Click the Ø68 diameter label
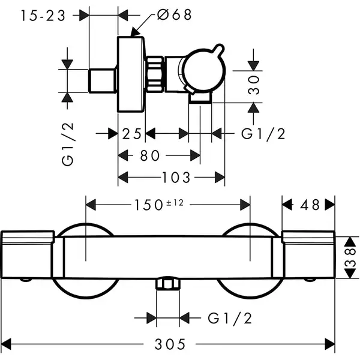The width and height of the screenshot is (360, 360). [x=174, y=14]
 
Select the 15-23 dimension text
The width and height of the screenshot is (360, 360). [x=43, y=16]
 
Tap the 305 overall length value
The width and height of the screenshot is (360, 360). [x=170, y=344]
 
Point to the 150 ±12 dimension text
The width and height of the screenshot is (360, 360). [x=158, y=205]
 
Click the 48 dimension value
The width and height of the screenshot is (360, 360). [x=310, y=205]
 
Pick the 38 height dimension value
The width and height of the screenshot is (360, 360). [x=350, y=257]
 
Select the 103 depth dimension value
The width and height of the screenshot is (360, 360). [x=176, y=178]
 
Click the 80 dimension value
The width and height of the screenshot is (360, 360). [x=149, y=155]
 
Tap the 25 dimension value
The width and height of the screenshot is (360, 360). [x=131, y=134]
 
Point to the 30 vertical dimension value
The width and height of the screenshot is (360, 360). [x=254, y=85]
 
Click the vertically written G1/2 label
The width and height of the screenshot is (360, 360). [x=67, y=144]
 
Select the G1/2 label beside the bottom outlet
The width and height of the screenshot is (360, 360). [x=230, y=318]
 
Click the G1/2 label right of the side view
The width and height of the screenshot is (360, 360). [x=263, y=134]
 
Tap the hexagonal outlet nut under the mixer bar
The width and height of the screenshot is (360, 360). [x=168, y=284]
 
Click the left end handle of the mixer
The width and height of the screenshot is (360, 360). [x=28, y=254]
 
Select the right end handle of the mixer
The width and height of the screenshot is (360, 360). [x=308, y=254]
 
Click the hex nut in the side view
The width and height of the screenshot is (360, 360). [x=155, y=74]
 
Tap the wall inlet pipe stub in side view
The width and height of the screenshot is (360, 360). [x=102, y=81]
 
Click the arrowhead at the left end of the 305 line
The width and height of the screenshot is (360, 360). [x=6, y=344]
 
